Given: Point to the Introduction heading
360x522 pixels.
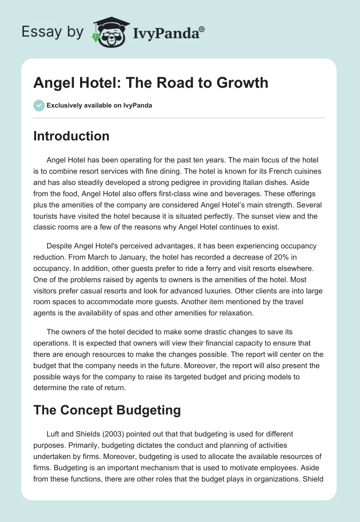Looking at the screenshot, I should (71, 136).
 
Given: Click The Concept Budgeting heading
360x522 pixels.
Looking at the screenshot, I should (107, 409).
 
